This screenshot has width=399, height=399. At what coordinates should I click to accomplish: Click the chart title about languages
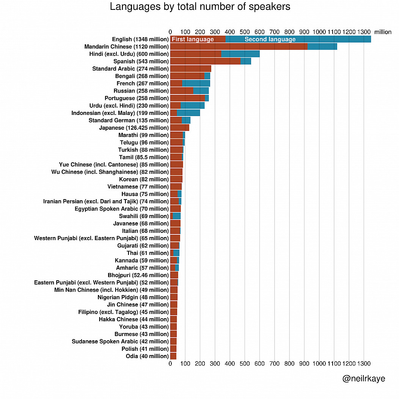(x=200, y=7)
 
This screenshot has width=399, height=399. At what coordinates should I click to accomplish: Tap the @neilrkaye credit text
(x=363, y=379)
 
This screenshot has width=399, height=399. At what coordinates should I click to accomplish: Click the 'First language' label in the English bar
(x=193, y=39)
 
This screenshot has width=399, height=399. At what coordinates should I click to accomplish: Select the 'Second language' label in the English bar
(x=270, y=39)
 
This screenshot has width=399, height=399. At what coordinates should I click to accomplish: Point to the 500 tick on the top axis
(x=245, y=32)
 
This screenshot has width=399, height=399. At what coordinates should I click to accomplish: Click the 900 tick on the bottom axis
(x=304, y=363)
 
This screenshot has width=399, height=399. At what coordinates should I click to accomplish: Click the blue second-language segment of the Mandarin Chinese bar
(x=322, y=46)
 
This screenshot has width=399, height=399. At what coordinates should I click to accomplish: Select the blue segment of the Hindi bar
(x=240, y=54)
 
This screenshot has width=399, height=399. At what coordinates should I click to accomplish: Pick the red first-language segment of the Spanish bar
(x=205, y=61)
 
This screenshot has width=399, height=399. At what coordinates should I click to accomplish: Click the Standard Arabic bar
(x=190, y=69)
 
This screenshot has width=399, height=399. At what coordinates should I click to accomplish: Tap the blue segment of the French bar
(x=196, y=83)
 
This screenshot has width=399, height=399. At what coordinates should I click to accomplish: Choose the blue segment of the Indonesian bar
(x=188, y=113)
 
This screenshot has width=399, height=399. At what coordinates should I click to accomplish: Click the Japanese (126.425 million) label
(x=134, y=128)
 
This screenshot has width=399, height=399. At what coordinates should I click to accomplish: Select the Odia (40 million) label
(x=147, y=356)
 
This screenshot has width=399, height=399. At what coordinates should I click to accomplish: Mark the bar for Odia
(x=173, y=356)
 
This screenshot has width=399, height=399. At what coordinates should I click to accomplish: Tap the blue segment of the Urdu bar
(x=192, y=105)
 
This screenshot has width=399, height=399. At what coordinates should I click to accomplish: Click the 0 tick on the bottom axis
(x=170, y=363)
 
